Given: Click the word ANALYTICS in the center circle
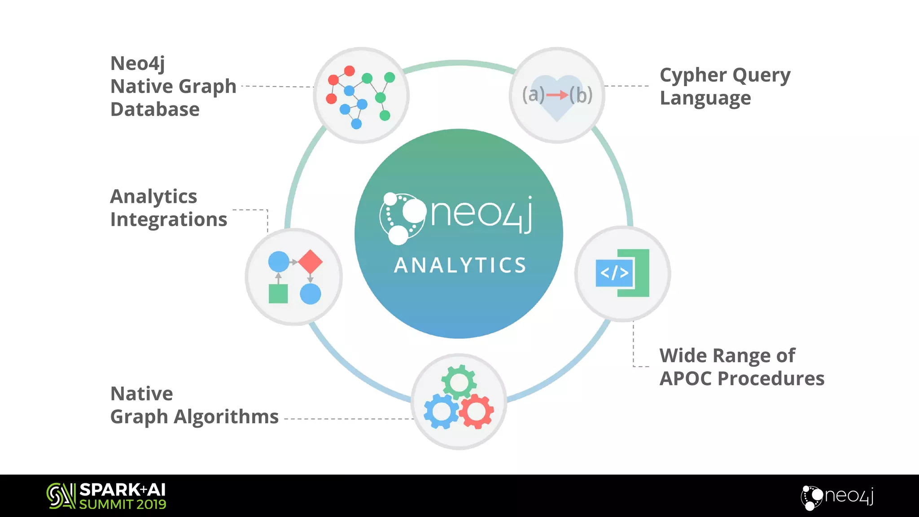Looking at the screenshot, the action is pos(460,265).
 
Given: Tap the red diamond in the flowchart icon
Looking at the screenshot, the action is pos(310,262).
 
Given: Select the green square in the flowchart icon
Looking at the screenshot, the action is pos(278,294).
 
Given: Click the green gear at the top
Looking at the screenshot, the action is pos(459,382).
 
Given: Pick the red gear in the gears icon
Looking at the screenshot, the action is pos(476,411).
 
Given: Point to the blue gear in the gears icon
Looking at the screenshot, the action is pos(441,412).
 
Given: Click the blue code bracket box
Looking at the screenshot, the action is pos(614,273).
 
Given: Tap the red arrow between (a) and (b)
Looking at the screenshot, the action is pos(557,95).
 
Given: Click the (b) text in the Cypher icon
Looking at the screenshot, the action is pos(581,95).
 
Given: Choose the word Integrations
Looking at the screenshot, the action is pos(169,219).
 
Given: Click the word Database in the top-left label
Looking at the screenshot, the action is pos(155,110).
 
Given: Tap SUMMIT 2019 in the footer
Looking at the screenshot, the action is pos(123,504).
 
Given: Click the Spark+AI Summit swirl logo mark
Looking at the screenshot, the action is pos(61,496).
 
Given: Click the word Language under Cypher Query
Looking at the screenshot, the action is pos(705,98).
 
